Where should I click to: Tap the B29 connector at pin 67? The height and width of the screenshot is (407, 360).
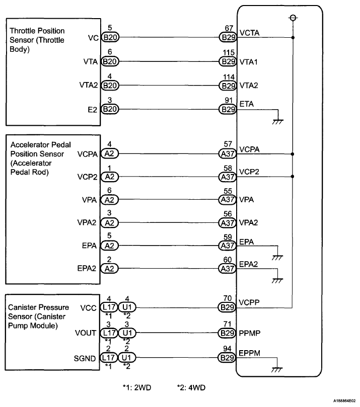tap(228, 37)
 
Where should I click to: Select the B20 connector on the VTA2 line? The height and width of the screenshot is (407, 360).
tap(109, 86)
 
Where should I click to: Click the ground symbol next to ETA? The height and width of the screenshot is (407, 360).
tap(277, 119)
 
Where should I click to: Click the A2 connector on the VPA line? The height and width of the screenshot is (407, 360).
tap(108, 200)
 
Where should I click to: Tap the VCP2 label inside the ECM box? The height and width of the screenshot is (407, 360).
tap(249, 172)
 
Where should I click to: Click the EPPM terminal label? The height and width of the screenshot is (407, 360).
tap(250, 353)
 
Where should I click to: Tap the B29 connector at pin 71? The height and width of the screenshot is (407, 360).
tap(228, 333)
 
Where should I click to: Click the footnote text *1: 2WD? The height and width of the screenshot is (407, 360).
tap(138, 387)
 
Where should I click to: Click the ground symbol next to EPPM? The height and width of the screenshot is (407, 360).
tap(277, 368)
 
